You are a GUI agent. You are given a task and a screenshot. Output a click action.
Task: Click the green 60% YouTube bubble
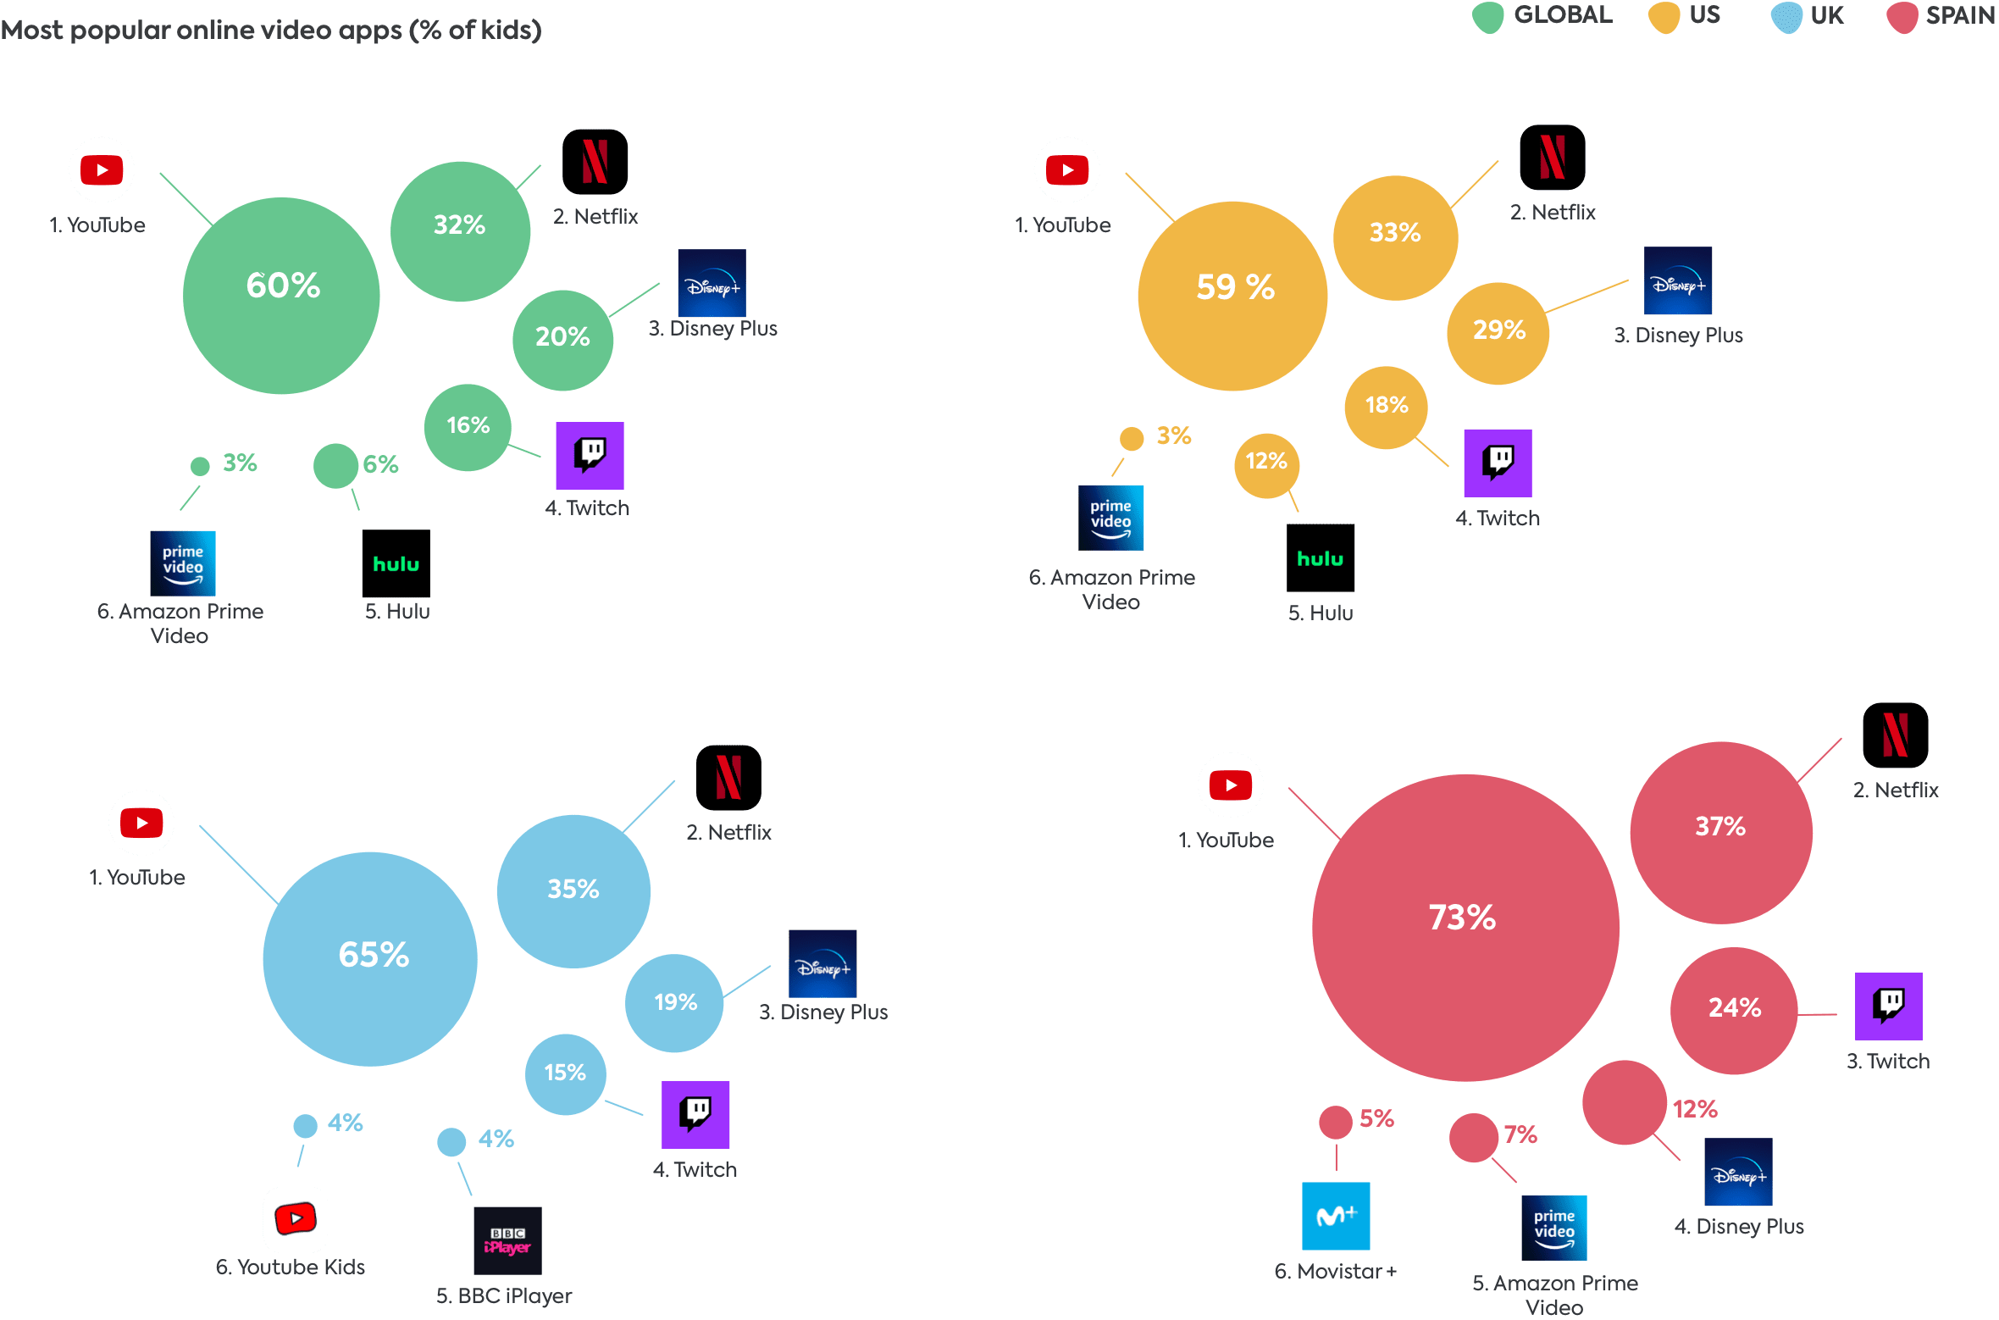pos(281,296)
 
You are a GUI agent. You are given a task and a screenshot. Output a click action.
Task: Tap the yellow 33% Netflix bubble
pos(1395,237)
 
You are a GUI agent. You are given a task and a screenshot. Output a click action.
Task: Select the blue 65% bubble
pos(370,958)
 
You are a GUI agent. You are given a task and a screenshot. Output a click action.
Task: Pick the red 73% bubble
pos(1465,927)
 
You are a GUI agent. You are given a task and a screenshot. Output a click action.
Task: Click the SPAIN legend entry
pos(1941,16)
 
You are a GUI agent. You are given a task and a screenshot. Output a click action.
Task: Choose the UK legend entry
pos(1808,16)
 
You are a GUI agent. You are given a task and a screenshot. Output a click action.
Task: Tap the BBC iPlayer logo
pos(507,1240)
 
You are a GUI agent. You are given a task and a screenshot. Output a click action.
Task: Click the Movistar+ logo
pos(1336,1216)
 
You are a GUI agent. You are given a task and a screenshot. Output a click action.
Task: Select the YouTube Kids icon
pos(296,1219)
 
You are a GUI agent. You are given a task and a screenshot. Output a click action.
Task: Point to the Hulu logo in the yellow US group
pos(1320,557)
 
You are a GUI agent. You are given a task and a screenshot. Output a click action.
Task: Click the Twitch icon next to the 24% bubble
pos(1888,1006)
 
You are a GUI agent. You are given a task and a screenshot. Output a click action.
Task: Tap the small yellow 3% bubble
pos(1132,438)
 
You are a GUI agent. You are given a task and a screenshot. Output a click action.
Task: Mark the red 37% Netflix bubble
pos(1721,832)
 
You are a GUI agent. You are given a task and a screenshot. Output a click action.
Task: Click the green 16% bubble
pos(468,427)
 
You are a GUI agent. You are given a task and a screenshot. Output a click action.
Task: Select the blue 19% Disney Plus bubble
pos(674,1003)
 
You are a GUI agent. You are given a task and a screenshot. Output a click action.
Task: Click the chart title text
pos(271,31)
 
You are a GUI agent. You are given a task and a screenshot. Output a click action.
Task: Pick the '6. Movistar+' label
pos(1335,1272)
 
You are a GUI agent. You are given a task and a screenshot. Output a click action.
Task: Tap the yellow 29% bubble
pos(1498,333)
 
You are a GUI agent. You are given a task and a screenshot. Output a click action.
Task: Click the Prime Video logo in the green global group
pos(183,563)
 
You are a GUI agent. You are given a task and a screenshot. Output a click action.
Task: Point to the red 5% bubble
pos(1335,1123)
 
